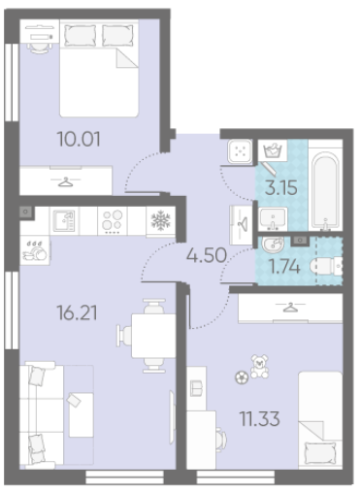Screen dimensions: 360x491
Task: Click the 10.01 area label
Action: click(79, 139)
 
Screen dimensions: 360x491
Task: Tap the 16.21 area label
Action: click(77, 312)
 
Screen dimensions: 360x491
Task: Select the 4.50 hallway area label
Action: click(207, 255)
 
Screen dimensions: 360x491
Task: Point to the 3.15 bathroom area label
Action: click(281, 187)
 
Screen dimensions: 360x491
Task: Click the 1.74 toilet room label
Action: click(284, 267)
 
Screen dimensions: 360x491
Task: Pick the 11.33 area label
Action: click(259, 419)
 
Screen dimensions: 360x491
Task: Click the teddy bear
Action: click(260, 366)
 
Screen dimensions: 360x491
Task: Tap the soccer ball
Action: click(242, 377)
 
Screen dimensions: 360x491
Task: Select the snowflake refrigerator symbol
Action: click(160, 220)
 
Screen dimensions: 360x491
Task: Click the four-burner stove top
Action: click(113, 221)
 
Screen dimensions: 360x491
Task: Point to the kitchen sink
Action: click(64, 221)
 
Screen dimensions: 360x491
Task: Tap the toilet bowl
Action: click(326, 266)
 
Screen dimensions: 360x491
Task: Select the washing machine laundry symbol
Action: click(273, 150)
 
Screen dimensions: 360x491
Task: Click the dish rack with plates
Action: click(35, 251)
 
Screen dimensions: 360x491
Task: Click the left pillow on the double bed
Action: click(81, 35)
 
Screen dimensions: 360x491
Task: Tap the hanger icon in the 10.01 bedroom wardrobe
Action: click(65, 181)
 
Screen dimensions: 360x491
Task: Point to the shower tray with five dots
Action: click(240, 151)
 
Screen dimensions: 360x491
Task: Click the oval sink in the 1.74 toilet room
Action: click(273, 245)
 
